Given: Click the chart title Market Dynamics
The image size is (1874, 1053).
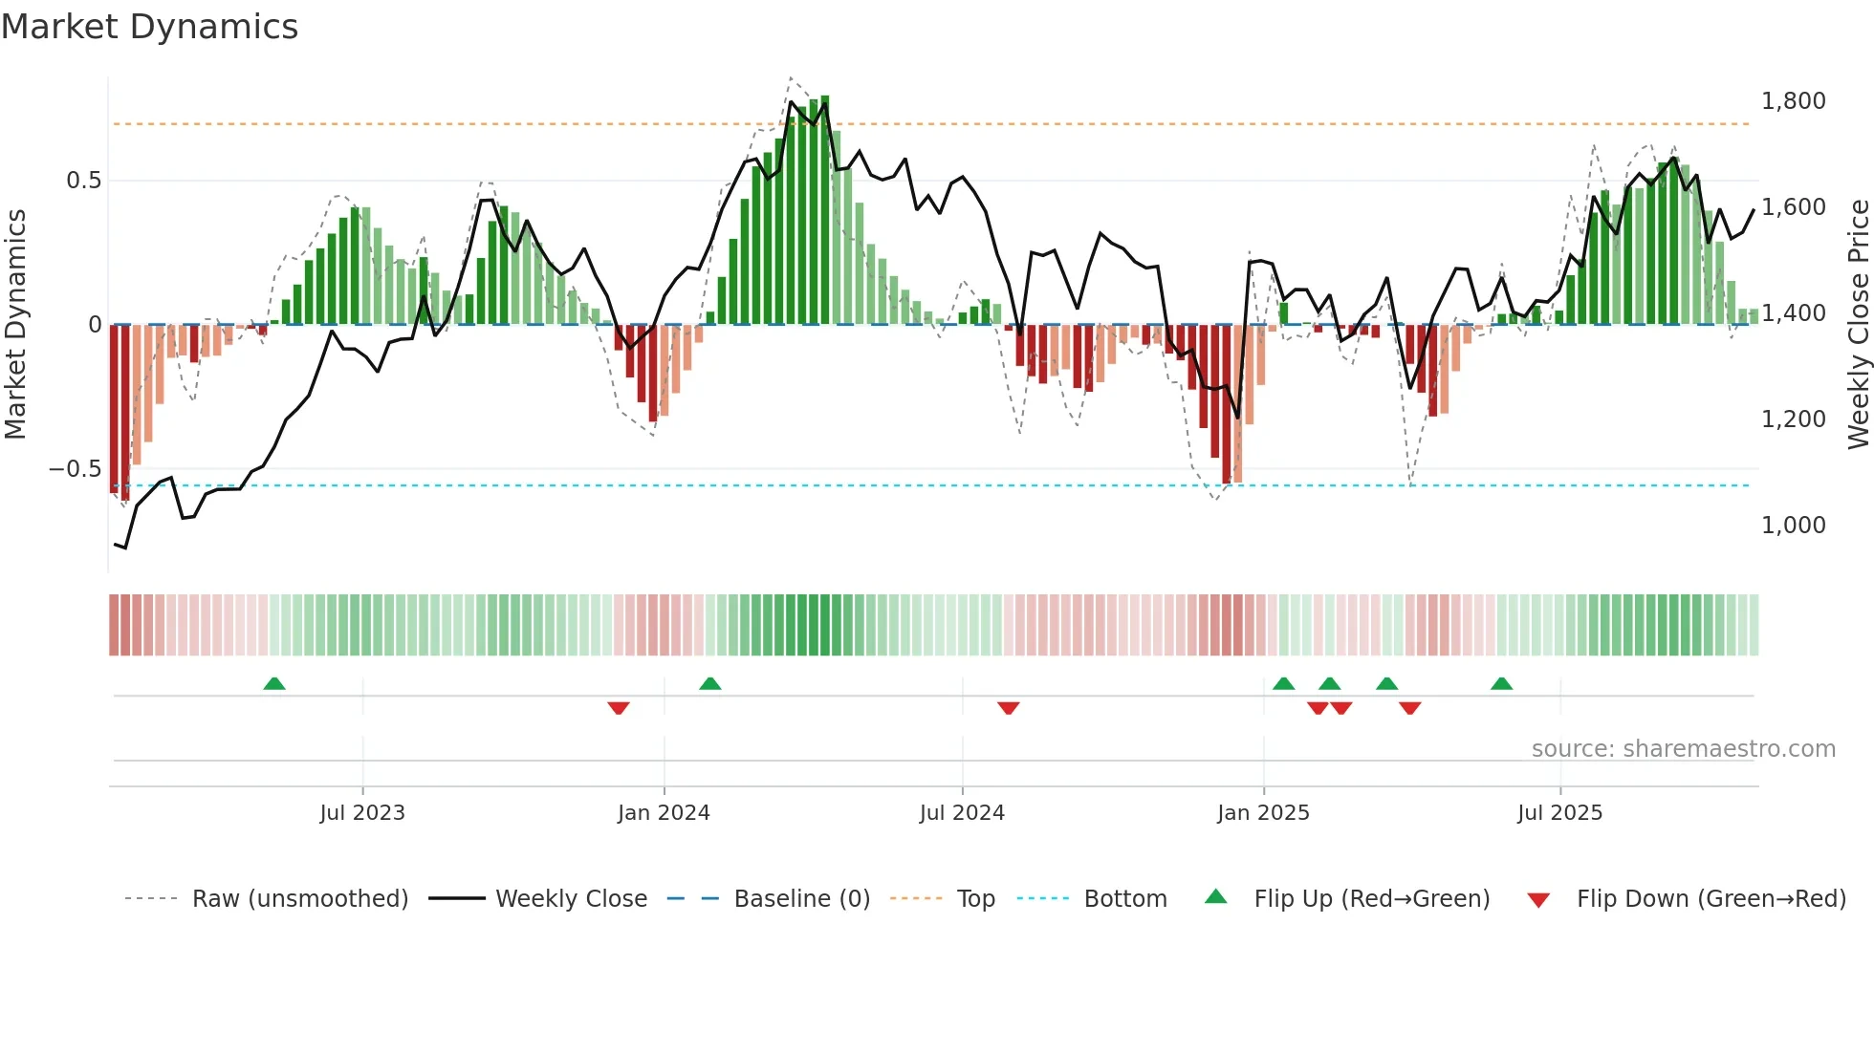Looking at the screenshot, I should coord(149,27).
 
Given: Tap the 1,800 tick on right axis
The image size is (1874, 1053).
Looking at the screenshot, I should coord(1793,101).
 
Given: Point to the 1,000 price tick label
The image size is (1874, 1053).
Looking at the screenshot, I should coord(1793,526).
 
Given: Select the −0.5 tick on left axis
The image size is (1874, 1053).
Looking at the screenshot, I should coord(75,469).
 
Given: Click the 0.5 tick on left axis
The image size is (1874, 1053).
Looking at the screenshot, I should coord(83,181).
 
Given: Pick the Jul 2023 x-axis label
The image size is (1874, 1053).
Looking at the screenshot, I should coord(362,813).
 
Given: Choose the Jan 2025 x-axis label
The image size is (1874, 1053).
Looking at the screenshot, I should coord(1263,813).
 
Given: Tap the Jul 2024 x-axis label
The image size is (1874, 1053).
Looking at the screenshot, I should coord(962,813).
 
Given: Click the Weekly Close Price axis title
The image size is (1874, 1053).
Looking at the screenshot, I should coord(1858,324).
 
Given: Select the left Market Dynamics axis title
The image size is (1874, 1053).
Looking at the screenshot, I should coord(15,324).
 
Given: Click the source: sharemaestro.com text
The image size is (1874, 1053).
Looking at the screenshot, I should coord(1683,749).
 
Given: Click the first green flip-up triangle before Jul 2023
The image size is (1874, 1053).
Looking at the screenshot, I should coord(274,683).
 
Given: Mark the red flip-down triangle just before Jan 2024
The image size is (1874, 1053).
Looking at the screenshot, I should coord(619,708).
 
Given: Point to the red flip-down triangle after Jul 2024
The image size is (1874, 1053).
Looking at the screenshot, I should coord(1009,708).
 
